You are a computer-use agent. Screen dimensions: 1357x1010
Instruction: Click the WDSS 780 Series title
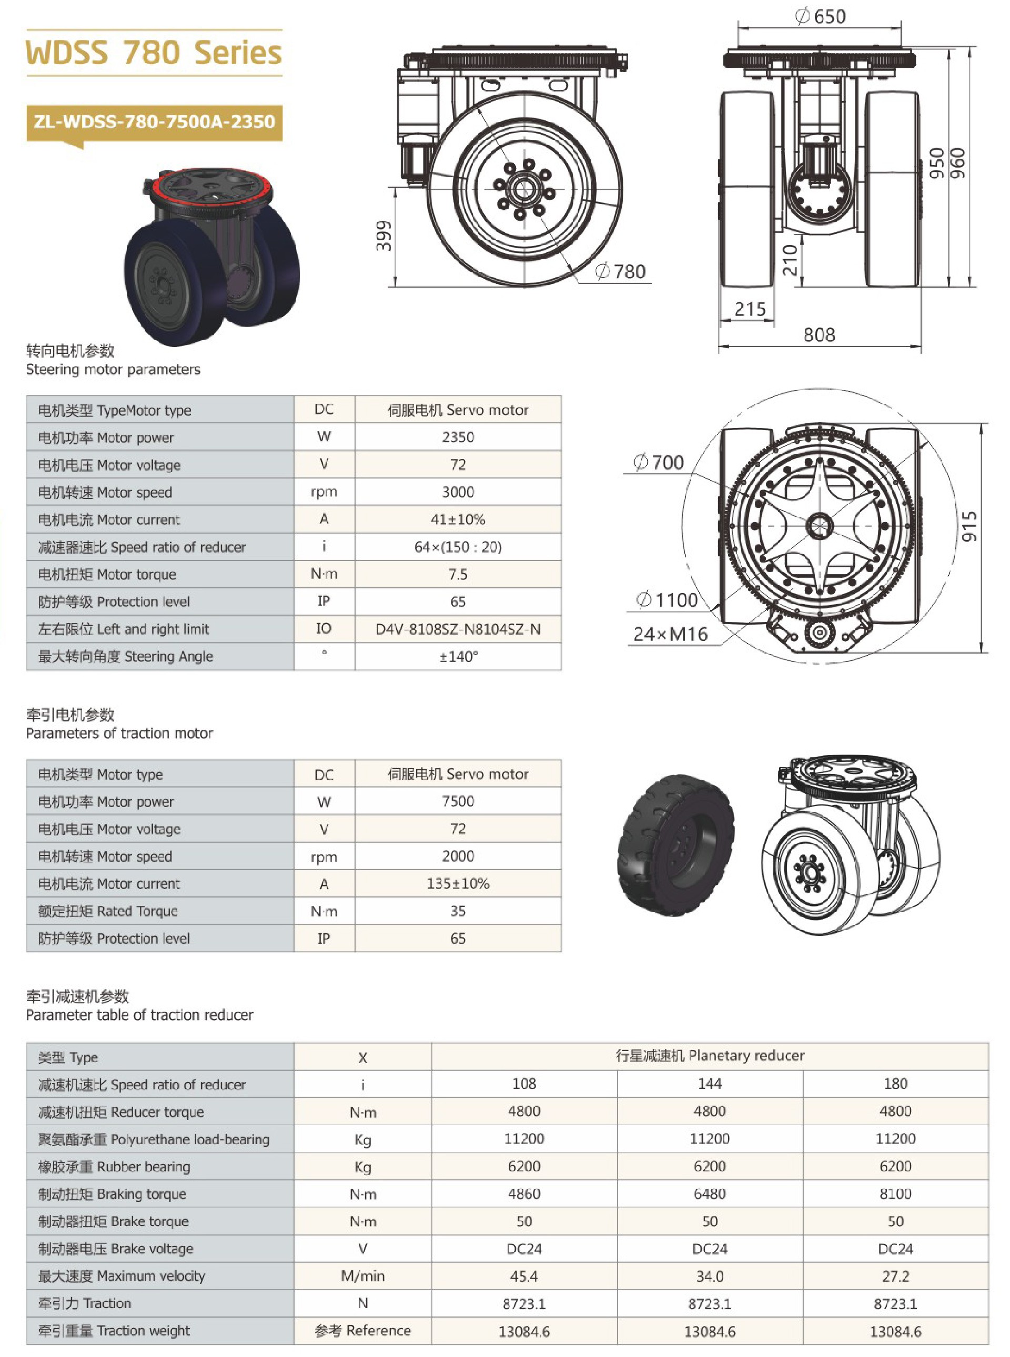(x=154, y=53)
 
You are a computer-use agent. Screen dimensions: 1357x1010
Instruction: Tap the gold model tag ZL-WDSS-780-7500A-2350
(x=154, y=121)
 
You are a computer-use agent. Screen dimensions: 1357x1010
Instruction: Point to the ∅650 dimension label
(x=821, y=16)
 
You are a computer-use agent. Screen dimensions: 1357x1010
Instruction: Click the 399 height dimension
(x=383, y=236)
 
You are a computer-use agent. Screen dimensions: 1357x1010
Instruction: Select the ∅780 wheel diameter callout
(x=621, y=271)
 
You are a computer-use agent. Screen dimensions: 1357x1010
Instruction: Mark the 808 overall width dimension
(x=819, y=335)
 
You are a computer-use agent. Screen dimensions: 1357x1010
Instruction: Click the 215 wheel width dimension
(x=750, y=309)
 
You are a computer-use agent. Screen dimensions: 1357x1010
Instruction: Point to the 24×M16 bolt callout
(x=670, y=634)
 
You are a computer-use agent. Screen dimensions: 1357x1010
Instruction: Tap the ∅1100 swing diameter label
(x=668, y=600)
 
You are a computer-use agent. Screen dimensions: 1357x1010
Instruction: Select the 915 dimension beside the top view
(x=970, y=526)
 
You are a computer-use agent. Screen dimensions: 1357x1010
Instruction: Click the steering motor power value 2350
(x=458, y=437)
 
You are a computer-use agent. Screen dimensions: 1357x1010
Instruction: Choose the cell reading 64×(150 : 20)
(x=458, y=547)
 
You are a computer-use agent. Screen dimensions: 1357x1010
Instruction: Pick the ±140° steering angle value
(x=458, y=657)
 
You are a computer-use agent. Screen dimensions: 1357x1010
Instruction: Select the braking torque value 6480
(x=709, y=1193)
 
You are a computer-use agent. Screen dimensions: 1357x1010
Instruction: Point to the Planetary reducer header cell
(x=709, y=1055)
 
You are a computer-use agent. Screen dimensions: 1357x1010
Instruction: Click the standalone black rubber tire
(x=675, y=846)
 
